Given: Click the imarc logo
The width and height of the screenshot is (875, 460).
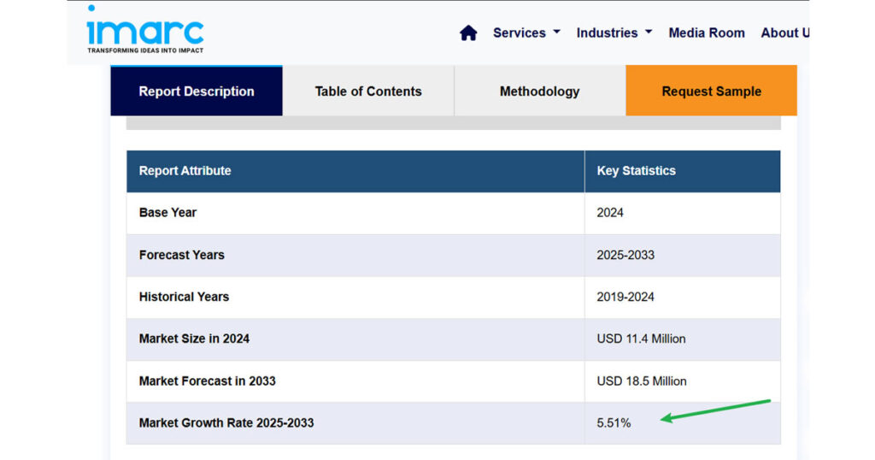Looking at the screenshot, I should [x=145, y=30].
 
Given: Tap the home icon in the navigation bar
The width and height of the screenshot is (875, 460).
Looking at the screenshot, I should [x=468, y=33].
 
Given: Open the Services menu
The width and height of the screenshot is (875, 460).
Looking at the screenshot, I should [x=526, y=32].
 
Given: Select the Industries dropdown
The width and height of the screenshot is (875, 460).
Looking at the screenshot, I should [x=614, y=32].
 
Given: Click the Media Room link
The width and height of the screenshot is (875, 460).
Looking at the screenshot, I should [x=706, y=32].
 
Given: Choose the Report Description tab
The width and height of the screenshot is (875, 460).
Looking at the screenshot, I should [x=197, y=91].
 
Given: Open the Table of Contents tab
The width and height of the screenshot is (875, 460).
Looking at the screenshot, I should [x=368, y=91].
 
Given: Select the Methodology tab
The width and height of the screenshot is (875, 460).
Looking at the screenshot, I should [x=539, y=91].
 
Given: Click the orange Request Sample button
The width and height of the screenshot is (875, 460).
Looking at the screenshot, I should [x=711, y=91].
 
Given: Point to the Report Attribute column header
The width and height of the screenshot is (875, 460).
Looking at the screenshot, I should [x=185, y=171].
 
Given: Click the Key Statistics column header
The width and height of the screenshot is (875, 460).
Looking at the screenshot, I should [x=636, y=171].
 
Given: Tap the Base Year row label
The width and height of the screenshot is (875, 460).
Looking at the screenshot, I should [x=167, y=213].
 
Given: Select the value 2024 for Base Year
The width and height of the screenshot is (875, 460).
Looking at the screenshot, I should [x=610, y=213].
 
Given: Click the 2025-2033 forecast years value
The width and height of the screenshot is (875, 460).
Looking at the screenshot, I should [x=625, y=255].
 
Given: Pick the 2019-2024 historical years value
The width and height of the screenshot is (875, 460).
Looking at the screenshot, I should [x=625, y=297].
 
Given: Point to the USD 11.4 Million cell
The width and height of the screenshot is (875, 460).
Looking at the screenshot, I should [x=641, y=339].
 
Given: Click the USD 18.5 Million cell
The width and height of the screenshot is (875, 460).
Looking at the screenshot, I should [x=641, y=380].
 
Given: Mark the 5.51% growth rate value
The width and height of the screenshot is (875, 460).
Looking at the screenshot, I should [x=614, y=422].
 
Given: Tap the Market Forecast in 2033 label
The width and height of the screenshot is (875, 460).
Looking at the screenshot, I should [x=207, y=380].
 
